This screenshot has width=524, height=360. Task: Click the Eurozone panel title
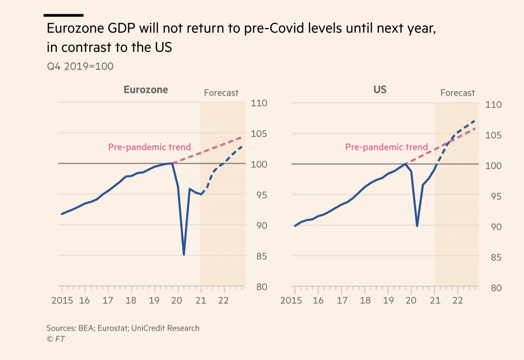146,90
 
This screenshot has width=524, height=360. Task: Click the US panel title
380,90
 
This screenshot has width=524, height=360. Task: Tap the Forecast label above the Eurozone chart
221,93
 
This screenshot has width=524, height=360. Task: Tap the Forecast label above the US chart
457,93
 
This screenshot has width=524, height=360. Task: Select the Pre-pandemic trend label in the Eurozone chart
149,147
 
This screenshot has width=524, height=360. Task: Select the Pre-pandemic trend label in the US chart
386,147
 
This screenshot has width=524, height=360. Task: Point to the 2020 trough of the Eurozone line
184,254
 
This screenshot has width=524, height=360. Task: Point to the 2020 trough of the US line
417,226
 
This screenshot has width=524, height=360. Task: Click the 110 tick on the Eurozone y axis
259,103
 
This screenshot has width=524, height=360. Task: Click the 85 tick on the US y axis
496,258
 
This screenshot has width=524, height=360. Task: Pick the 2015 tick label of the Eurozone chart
62,300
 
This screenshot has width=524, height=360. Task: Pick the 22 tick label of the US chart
457,300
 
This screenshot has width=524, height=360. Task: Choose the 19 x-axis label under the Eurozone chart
154,300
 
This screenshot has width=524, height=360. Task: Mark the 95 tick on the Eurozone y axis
262,195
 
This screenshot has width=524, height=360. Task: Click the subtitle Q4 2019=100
80,66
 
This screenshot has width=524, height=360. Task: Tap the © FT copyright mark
56,339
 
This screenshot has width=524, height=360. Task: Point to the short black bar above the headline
64,15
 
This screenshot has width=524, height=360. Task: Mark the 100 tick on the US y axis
493,166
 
